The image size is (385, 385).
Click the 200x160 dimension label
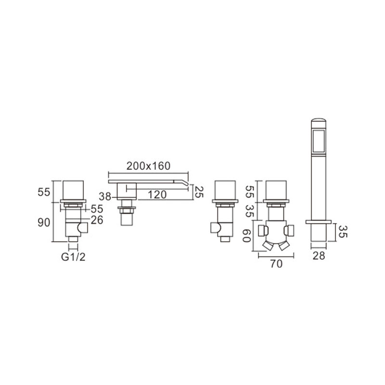click(148, 166)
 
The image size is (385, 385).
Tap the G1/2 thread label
click(73, 257)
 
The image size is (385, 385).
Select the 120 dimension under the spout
click(157, 195)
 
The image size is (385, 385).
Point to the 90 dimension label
click(44, 223)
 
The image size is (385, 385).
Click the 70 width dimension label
click(276, 264)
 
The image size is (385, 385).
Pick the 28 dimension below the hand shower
click(319, 256)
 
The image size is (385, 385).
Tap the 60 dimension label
click(247, 235)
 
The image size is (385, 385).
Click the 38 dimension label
click(105, 196)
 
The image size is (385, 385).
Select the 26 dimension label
click(97, 220)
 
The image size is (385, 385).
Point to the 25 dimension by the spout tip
click(199, 192)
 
